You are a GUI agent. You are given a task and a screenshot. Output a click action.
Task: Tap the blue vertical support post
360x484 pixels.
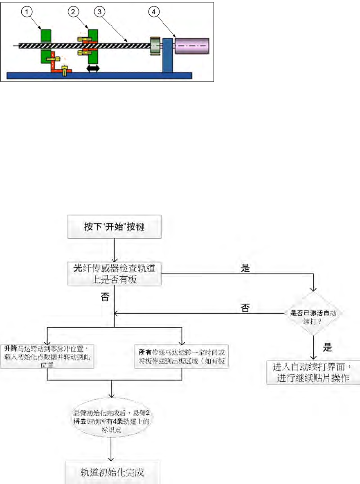(x=167, y=55)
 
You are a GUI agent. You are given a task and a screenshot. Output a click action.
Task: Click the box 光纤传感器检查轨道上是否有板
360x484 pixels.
(x=114, y=274)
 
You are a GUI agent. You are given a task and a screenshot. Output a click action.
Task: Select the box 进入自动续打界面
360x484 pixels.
(x=313, y=372)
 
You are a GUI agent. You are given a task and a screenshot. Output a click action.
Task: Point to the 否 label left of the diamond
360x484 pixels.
(x=245, y=308)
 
